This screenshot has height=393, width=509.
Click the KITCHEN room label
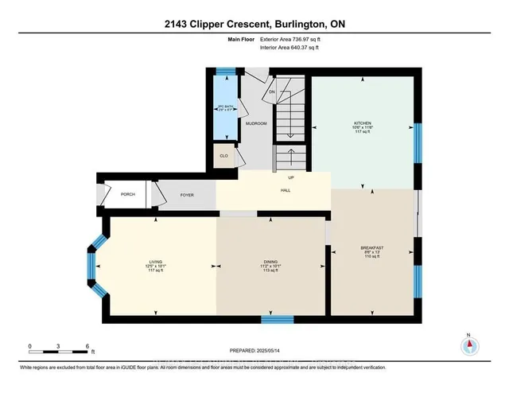pos(363,123)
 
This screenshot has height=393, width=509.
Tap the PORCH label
pos(127,194)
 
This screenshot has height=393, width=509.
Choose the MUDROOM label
pos(255,124)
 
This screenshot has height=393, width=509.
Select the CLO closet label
pos(223,156)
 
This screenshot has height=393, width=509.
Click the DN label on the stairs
pos(270,91)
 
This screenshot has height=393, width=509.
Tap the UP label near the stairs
pos(290,177)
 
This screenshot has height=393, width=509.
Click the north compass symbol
pos(469,345)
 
